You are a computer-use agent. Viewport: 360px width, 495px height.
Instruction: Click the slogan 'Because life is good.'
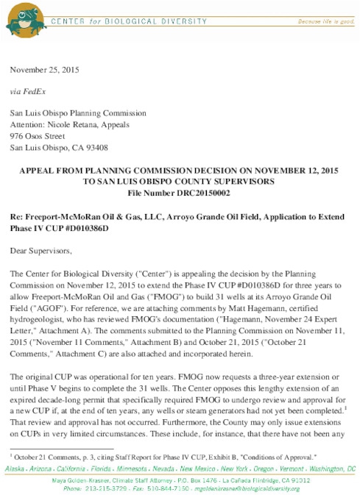pyautogui.click(x=324, y=22)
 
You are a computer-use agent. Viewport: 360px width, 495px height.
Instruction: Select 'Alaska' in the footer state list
pyautogui.click(x=17, y=468)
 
